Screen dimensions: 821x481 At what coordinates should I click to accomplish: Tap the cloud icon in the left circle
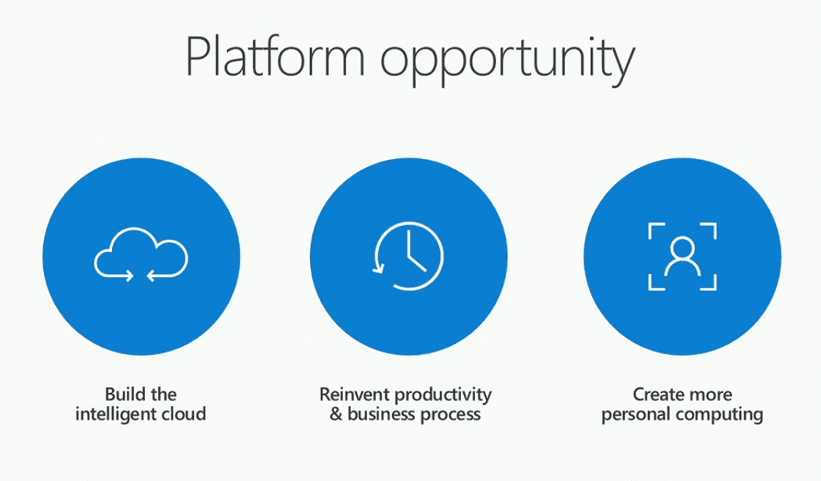[141, 255]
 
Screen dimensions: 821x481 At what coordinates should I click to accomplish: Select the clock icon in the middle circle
[408, 256]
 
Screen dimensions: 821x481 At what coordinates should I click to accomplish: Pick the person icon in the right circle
[682, 256]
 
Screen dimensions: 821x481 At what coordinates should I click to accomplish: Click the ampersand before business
[336, 414]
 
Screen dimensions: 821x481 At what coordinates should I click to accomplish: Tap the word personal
[633, 415]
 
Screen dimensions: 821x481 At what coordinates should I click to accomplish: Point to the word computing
[716, 416]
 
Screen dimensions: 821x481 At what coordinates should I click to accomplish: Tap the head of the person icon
[682, 246]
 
